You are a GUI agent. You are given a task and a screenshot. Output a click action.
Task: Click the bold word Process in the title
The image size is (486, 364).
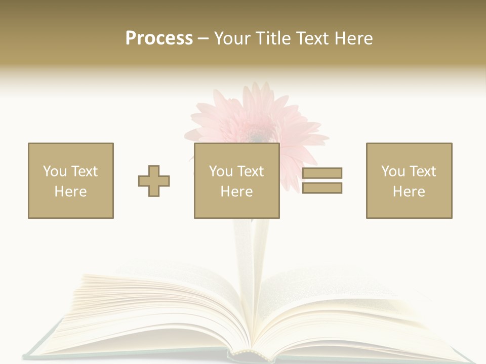[x=159, y=38]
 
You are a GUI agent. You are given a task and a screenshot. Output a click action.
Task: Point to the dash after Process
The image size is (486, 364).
[x=203, y=39]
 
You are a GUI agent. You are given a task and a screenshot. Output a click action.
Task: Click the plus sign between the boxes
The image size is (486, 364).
[x=154, y=180]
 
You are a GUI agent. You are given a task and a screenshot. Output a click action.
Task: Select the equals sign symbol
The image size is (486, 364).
[x=322, y=180]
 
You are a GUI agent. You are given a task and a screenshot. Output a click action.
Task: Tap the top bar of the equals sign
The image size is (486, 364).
[x=322, y=173]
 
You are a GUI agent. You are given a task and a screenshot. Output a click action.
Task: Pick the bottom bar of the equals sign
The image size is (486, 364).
[x=322, y=188]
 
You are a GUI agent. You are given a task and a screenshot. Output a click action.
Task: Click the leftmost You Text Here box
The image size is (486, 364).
[x=71, y=180]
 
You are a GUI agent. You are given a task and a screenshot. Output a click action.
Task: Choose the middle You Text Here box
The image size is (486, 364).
[x=237, y=180]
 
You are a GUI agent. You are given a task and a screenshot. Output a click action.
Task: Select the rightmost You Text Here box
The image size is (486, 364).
[x=409, y=180]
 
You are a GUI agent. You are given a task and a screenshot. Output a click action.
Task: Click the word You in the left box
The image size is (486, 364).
[x=54, y=171]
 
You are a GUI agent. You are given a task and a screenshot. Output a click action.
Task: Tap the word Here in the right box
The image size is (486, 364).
[x=409, y=192]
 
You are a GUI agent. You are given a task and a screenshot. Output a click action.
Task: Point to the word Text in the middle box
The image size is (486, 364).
[x=250, y=171]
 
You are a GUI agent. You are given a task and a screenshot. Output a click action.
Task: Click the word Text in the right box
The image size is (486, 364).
[x=422, y=171]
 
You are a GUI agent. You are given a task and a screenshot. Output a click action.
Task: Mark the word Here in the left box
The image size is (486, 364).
[x=71, y=192]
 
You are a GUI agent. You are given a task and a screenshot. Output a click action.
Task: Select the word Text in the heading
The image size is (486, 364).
[x=312, y=38]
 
